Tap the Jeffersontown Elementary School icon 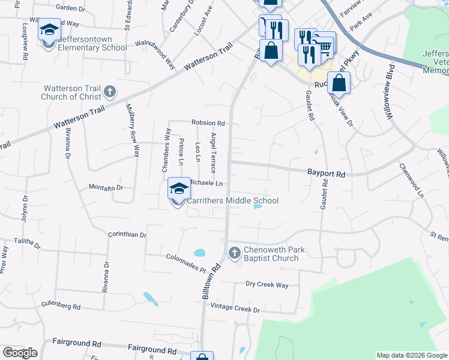pos(49,31)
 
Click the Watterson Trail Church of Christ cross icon pos(109,91)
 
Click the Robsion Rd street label pos(208,122)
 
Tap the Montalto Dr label pos(106,188)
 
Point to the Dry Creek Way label pos(267,284)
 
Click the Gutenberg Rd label pos(60,306)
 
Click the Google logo pos(20,353)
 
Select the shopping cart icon pos(325,44)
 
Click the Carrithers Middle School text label pos(232,200)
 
